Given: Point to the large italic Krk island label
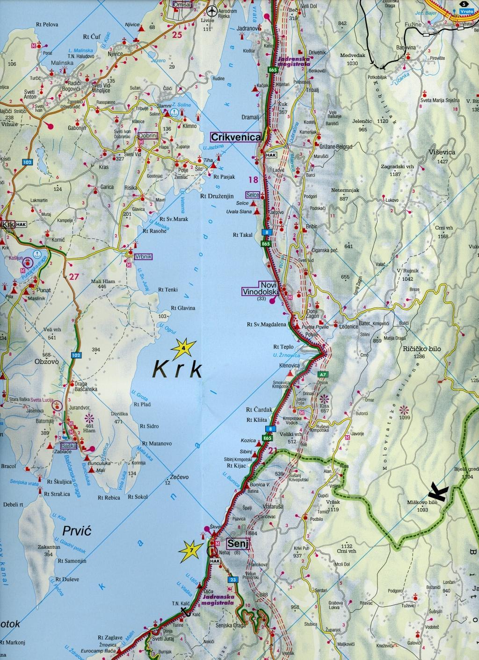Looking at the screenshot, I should coord(178,369).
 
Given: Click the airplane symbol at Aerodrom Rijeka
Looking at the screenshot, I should coord(213,10).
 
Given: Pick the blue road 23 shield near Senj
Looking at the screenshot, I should coord(233,580).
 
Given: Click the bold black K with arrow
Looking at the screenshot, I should coord(438,492).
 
